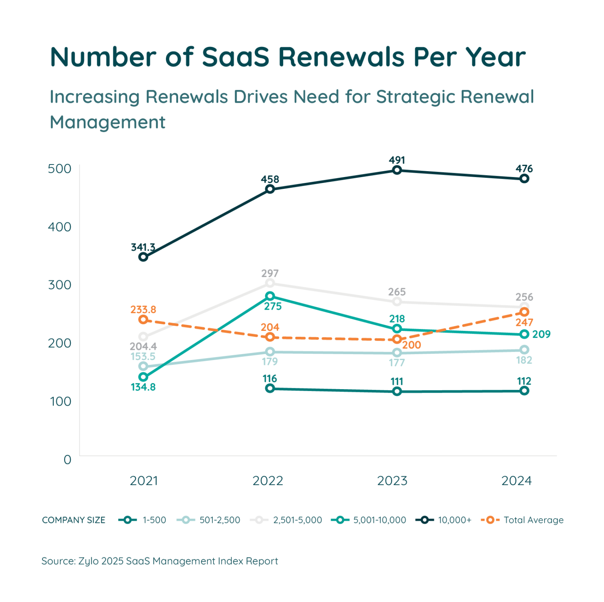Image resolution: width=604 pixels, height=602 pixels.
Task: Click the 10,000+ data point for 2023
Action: (x=397, y=170)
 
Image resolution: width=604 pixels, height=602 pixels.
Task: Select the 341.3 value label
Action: (x=143, y=247)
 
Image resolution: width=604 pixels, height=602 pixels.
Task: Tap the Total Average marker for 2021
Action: (x=143, y=319)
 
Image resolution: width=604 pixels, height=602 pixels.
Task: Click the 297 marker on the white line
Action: (x=270, y=283)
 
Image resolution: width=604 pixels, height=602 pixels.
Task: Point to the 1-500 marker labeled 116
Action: (x=270, y=388)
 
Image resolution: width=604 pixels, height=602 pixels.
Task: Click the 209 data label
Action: (x=541, y=334)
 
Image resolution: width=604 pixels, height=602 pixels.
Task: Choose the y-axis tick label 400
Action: (x=59, y=227)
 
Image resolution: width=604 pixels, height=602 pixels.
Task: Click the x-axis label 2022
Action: (x=268, y=481)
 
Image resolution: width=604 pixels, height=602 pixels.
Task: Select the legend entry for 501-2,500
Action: (x=208, y=520)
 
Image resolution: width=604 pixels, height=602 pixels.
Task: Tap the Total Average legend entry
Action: (x=522, y=520)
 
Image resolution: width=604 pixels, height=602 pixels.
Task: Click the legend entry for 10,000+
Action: (x=443, y=520)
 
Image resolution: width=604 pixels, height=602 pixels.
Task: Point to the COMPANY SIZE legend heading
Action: (x=74, y=520)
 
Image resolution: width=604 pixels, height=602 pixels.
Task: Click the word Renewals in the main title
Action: (x=342, y=57)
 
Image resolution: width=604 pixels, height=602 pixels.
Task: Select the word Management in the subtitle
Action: (x=108, y=122)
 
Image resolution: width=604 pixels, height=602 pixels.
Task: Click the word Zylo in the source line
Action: (x=88, y=561)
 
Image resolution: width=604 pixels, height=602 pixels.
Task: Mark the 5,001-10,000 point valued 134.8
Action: (x=143, y=377)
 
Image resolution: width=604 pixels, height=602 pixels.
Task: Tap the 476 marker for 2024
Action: (x=524, y=179)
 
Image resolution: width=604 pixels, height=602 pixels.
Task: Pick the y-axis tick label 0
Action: (x=68, y=459)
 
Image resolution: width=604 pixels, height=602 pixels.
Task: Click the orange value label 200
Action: (x=411, y=345)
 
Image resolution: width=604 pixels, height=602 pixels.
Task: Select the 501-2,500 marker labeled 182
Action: (x=524, y=349)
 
